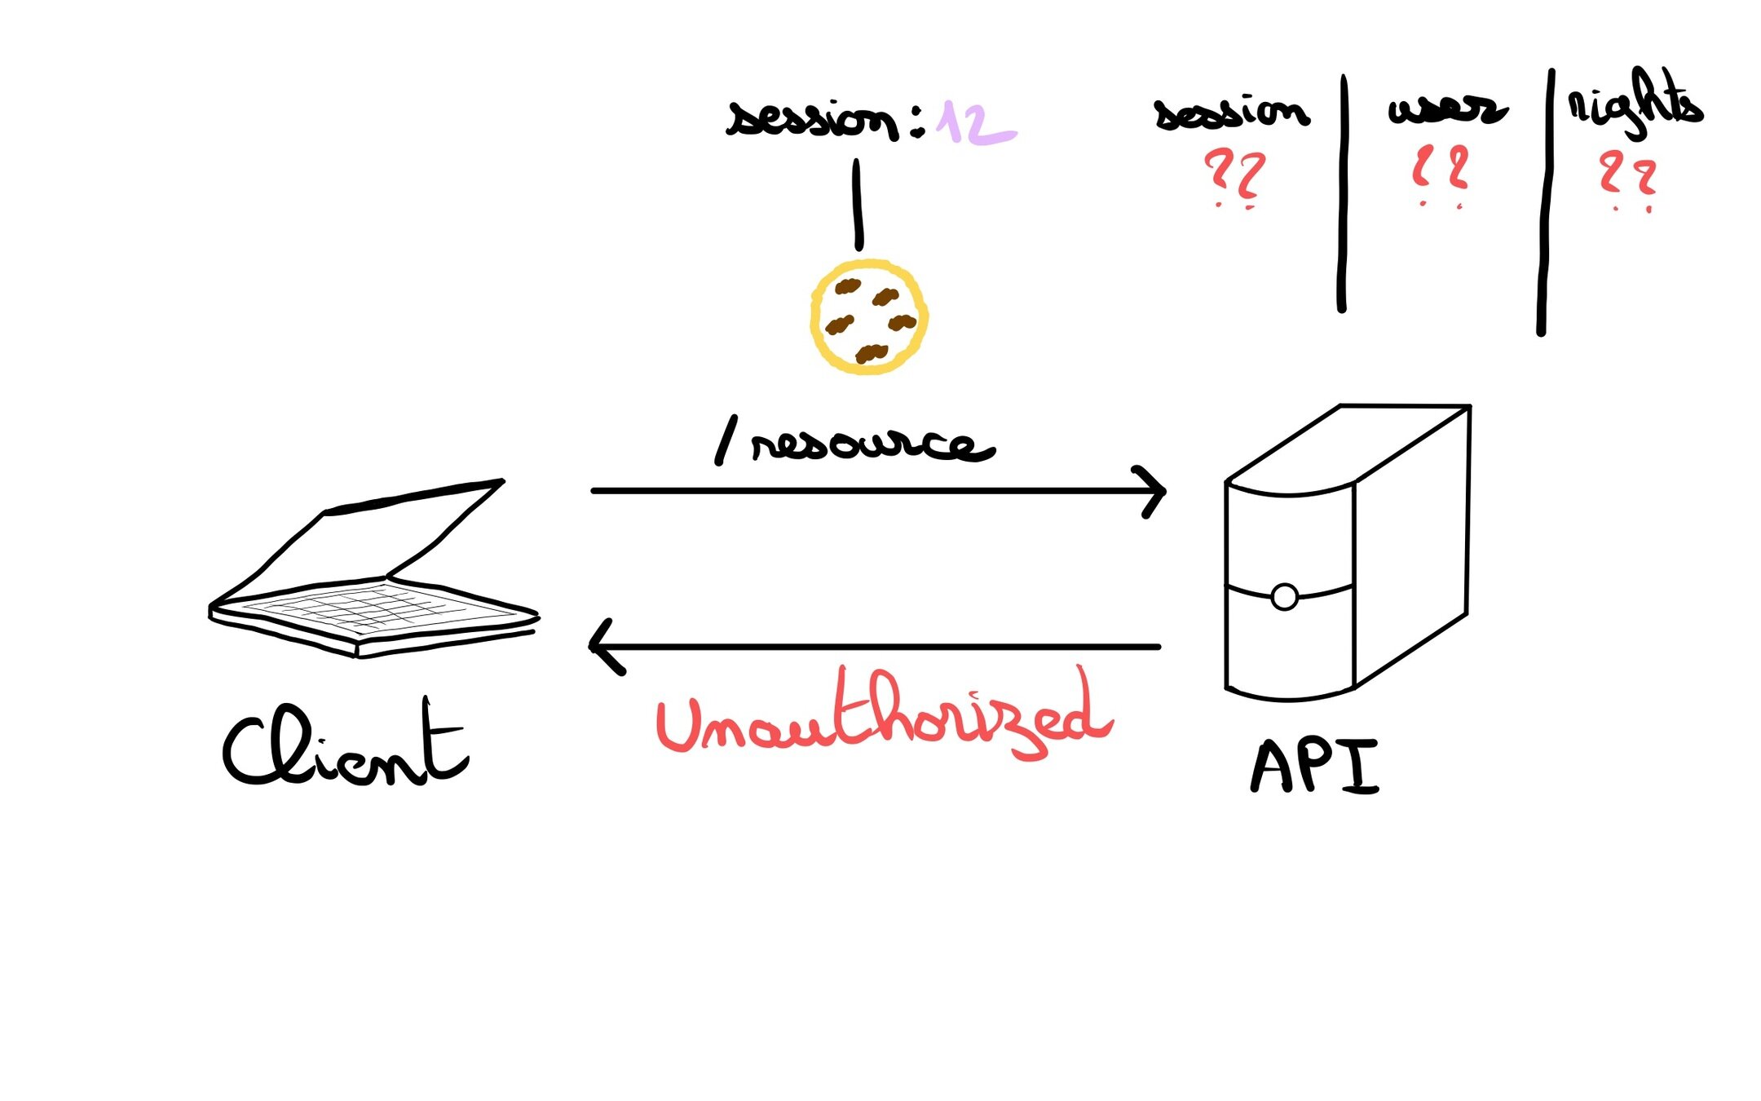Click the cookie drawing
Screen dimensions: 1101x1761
(x=869, y=317)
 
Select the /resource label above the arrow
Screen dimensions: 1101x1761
(x=854, y=444)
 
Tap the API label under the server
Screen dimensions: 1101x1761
(x=1314, y=767)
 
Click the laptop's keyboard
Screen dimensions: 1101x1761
(x=372, y=608)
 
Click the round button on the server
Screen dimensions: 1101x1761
(x=1284, y=597)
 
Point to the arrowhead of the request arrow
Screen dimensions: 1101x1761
(x=1154, y=492)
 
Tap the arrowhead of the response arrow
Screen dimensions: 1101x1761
(x=603, y=647)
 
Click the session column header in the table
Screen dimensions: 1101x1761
(x=1232, y=113)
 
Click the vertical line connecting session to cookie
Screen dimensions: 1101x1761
(x=857, y=204)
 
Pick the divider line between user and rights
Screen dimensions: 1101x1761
(x=1544, y=204)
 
